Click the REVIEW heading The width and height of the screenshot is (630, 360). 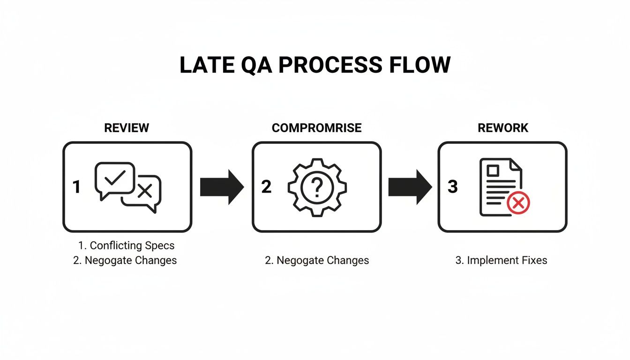pyautogui.click(x=127, y=128)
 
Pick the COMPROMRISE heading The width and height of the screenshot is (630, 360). pyautogui.click(x=317, y=128)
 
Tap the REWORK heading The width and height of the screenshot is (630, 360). pyautogui.click(x=503, y=128)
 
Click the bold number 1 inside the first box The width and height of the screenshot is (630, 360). pyautogui.click(x=77, y=187)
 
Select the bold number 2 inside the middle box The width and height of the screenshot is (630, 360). pyautogui.click(x=266, y=187)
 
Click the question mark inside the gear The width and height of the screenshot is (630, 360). pyautogui.click(x=317, y=187)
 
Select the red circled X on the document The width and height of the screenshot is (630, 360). pyautogui.click(x=518, y=203)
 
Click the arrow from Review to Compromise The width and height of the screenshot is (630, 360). pyautogui.click(x=222, y=187)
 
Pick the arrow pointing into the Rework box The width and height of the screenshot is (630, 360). pyautogui.click(x=410, y=187)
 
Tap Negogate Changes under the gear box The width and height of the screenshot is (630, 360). pyautogui.click(x=317, y=260)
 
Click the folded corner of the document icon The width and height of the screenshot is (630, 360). pyautogui.click(x=516, y=165)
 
